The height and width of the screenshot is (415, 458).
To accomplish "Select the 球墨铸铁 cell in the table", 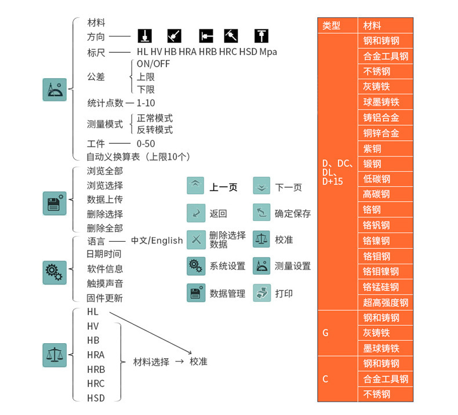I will [x=385, y=102].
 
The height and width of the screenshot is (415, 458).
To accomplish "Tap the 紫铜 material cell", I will [x=385, y=148].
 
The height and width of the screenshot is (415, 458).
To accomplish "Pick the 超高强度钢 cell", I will [x=385, y=302].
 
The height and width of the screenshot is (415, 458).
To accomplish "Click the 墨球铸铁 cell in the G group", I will [x=385, y=348].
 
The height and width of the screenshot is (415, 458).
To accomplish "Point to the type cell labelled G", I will [x=326, y=333].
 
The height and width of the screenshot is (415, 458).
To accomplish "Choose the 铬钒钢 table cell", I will [x=385, y=225].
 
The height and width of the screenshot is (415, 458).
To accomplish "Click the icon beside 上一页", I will [x=195, y=185].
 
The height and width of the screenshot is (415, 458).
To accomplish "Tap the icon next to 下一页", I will [x=261, y=185].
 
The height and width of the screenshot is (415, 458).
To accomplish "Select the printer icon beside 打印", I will [x=261, y=293].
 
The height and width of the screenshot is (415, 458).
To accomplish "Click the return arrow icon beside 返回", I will [x=195, y=213].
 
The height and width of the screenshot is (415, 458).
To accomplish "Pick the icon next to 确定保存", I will [x=261, y=213].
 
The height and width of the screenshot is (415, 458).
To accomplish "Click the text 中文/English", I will [x=157, y=241].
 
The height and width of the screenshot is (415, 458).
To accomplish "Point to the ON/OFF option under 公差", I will [x=153, y=64].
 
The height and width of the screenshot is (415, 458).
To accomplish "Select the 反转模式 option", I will [x=154, y=130].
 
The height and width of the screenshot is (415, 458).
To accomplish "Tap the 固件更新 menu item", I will [x=104, y=298].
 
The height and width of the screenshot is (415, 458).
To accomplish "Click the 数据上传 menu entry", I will [x=104, y=199].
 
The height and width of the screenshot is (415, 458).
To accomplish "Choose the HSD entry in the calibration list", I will [x=96, y=398].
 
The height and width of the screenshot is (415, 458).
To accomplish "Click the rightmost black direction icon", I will [x=261, y=37].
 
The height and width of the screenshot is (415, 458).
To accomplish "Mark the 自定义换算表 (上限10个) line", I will [x=138, y=156].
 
